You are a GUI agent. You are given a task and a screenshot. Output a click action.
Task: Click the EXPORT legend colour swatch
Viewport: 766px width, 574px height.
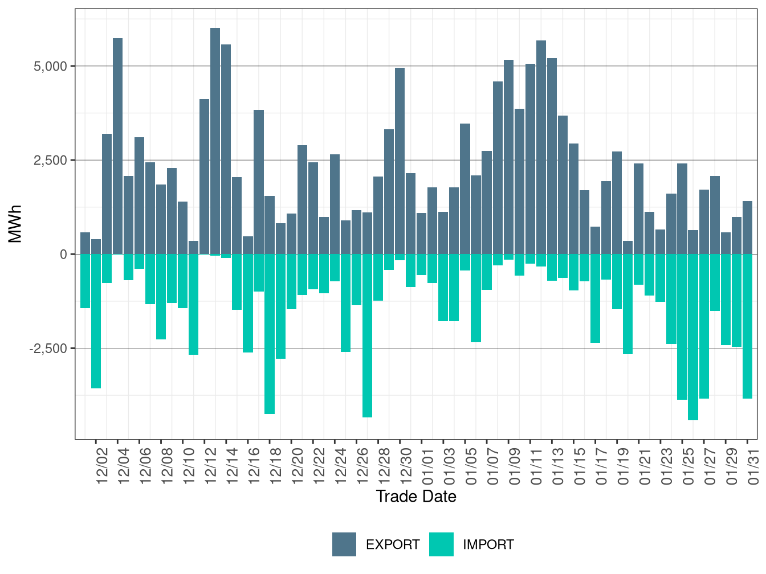coord(344,544)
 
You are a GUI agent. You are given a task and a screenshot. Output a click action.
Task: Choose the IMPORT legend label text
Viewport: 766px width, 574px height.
coord(488,545)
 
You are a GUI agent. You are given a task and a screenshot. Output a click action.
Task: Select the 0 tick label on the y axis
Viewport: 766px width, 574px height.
coord(63,255)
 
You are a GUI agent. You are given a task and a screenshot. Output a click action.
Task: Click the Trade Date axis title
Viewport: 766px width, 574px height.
coord(416,497)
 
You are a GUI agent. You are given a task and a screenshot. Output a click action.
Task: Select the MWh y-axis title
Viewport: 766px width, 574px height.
coord(15,224)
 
